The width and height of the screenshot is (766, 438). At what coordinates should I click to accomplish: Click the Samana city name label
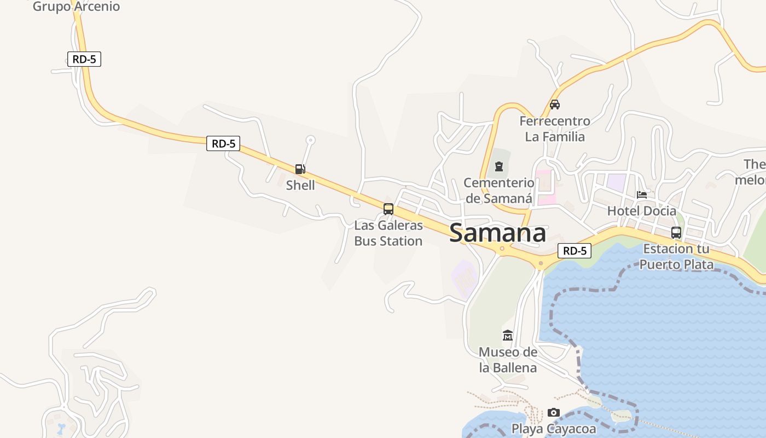pos(497,233)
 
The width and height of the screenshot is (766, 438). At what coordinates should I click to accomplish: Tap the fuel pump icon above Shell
pos(300,169)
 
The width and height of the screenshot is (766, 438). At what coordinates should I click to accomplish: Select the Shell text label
pos(300,185)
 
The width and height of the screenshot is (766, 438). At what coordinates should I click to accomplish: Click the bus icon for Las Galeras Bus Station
pos(388,209)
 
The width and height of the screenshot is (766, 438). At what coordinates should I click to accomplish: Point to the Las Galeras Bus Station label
pos(388,233)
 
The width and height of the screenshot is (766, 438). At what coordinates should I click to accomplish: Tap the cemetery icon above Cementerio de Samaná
pos(498,166)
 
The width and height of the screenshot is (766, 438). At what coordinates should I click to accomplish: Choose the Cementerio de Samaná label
pos(498,191)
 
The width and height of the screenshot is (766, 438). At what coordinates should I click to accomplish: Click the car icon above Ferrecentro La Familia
pos(555,104)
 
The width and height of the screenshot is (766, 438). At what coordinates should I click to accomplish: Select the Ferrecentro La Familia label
pos(555,129)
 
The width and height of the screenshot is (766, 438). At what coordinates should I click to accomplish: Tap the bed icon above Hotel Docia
pos(642,194)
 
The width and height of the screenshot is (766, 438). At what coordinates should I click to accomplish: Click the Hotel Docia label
pos(642,211)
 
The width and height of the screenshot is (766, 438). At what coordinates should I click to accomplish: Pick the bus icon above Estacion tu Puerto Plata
pos(676,232)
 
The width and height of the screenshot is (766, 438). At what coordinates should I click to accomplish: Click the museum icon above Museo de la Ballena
pos(508,335)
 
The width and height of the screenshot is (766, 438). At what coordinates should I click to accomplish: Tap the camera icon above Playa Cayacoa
pos(554,412)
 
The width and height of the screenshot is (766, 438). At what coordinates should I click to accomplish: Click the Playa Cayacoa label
pos(554,429)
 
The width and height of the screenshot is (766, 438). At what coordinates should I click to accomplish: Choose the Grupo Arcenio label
pos(76,7)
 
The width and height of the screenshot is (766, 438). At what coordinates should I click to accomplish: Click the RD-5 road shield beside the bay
pos(574,251)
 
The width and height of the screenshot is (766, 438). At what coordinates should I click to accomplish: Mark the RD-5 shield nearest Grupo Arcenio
pos(84,59)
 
